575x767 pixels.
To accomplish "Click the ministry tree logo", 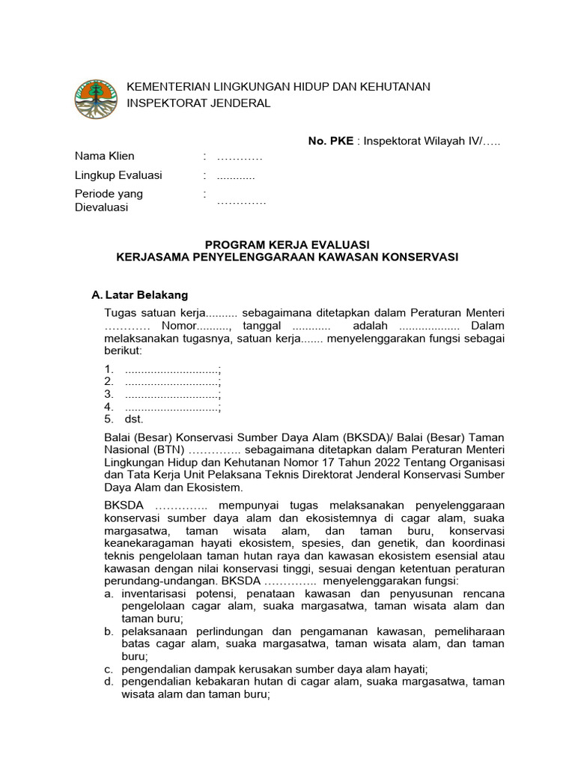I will (x=96, y=97).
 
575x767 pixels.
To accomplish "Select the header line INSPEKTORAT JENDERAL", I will (x=198, y=103).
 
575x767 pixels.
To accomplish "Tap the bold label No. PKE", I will (x=330, y=142).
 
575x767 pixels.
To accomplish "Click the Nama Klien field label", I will (x=105, y=156).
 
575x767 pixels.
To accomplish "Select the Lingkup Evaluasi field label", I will (x=118, y=175).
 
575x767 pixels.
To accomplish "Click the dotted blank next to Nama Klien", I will (x=240, y=157).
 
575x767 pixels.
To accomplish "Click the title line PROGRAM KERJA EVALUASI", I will (x=287, y=244).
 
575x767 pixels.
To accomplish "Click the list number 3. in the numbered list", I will (x=109, y=394).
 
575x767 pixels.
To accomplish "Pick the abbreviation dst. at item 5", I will (x=133, y=419).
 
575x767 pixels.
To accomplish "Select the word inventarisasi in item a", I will (x=155, y=593).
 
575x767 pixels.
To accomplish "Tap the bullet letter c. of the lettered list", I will (x=109, y=668).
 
